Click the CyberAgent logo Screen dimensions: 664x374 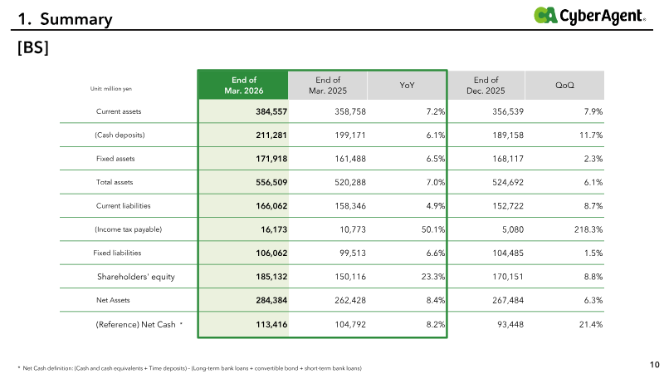589,16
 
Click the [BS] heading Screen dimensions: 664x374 33,47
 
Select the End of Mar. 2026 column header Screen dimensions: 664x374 243,86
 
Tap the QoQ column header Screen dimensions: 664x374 564,86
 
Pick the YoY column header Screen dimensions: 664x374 407,86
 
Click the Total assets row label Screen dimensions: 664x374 115,182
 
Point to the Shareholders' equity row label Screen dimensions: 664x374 136,277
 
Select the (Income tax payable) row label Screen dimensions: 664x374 128,229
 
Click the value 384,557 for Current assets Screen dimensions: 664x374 271,111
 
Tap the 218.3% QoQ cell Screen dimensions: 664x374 588,229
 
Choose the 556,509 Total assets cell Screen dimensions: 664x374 271,182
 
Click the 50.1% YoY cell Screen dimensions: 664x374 433,229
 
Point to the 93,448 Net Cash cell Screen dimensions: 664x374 510,324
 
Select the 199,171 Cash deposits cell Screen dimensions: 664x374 350,135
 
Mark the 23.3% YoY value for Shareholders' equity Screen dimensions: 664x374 433,277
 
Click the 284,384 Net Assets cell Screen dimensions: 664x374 271,300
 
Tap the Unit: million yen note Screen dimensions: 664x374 111,89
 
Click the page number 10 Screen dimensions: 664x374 655,365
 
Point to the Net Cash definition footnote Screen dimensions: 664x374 190,368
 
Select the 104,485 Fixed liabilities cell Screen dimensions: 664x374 508,253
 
